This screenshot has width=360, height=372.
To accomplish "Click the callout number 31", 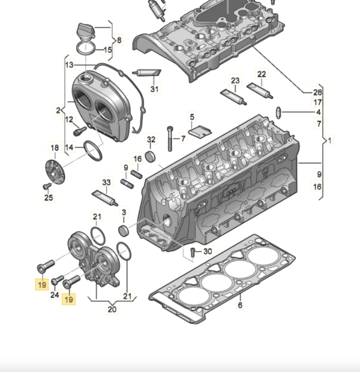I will (x=155, y=89).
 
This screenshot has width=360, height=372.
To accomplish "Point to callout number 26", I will (x=318, y=92).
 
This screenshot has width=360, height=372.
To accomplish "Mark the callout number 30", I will (x=208, y=251).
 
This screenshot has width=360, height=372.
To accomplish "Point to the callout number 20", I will (x=111, y=310).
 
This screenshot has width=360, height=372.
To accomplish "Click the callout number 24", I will (x=55, y=295).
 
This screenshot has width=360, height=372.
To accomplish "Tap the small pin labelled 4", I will (x=280, y=112).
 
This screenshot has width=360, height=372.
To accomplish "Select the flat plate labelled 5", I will (x=199, y=131).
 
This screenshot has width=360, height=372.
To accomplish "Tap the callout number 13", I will (x=69, y=64).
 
